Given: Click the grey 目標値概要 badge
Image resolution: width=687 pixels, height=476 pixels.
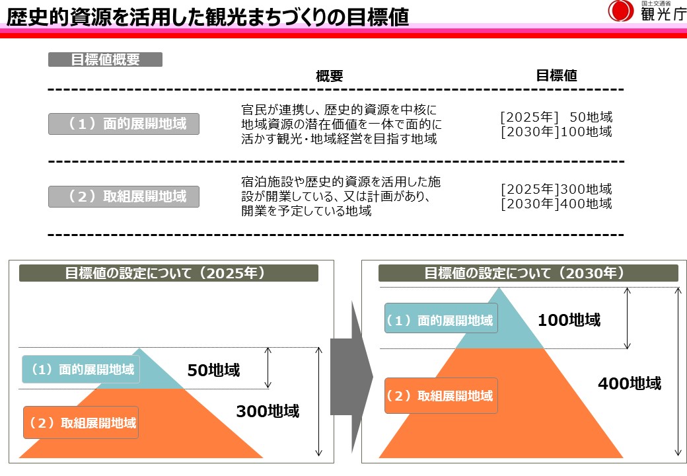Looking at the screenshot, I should click(105, 59).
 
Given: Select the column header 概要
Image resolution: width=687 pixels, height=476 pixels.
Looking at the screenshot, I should click(330, 75).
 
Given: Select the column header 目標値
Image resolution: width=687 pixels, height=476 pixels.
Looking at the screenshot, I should click(556, 75).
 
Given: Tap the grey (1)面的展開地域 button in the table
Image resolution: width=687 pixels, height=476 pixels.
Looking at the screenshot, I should click(124, 124).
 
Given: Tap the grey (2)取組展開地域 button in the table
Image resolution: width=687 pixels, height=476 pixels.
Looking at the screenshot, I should click(124, 196).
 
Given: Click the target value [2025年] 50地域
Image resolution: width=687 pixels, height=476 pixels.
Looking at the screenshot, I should click(556, 117).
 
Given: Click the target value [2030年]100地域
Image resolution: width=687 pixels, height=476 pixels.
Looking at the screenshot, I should click(556, 132).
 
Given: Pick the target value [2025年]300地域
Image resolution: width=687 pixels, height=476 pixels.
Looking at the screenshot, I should click(556, 189).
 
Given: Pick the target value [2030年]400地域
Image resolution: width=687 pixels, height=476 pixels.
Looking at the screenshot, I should click(556, 204).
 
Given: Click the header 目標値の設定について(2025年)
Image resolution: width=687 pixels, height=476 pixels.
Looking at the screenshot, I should click(168, 273).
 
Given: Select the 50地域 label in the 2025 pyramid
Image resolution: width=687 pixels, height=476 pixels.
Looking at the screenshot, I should click(213, 370).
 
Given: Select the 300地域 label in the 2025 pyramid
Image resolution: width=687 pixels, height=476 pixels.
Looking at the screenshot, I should click(268, 411).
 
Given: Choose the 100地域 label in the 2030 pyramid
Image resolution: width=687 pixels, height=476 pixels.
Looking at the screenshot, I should click(569, 321).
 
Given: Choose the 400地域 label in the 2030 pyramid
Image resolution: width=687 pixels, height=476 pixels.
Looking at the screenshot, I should click(629, 383).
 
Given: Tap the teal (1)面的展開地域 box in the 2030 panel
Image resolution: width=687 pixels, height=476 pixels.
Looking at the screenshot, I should click(440, 321).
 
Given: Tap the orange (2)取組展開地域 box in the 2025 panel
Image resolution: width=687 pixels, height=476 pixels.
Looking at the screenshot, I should click(81, 422).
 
